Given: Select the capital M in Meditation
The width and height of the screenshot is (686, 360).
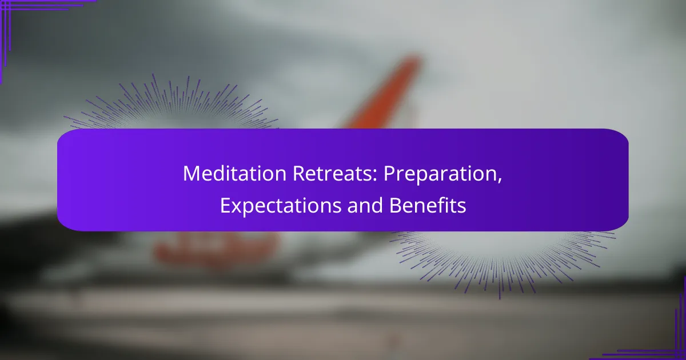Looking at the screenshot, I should pos(190,174).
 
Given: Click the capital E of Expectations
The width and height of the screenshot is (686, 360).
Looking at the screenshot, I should pos(224,206).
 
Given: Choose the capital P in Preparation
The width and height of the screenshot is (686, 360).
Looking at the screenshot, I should pos(388,174).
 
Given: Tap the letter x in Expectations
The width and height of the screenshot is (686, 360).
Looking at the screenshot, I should pos(234,207).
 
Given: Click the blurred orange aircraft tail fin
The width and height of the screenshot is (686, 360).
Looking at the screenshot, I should pos(389,91).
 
